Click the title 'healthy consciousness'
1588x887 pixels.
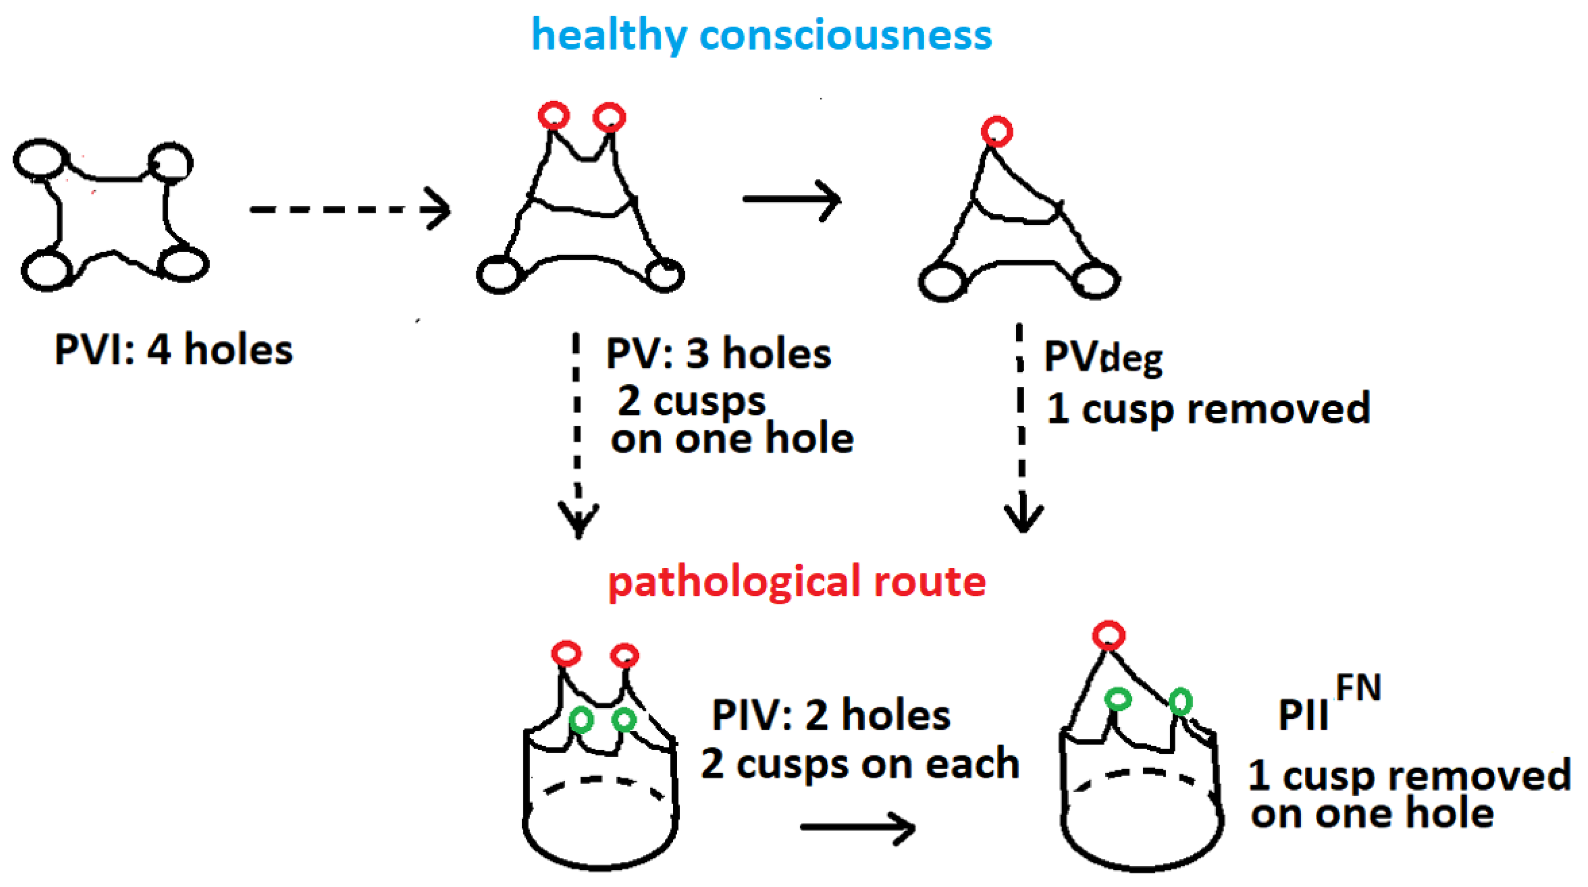pos(761,35)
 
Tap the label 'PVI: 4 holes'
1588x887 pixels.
pos(173,349)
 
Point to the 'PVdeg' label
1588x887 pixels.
pos(1103,358)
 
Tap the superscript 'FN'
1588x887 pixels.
pos(1358,688)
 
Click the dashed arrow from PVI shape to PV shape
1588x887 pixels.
pos(350,210)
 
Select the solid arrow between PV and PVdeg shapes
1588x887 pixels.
pos(791,199)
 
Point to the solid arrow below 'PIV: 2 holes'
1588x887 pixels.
pos(857,827)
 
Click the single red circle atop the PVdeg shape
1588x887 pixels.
pos(997,131)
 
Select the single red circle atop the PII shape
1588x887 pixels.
pos(1108,635)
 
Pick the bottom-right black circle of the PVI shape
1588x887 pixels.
pos(183,264)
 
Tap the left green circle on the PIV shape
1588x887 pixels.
pos(581,719)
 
